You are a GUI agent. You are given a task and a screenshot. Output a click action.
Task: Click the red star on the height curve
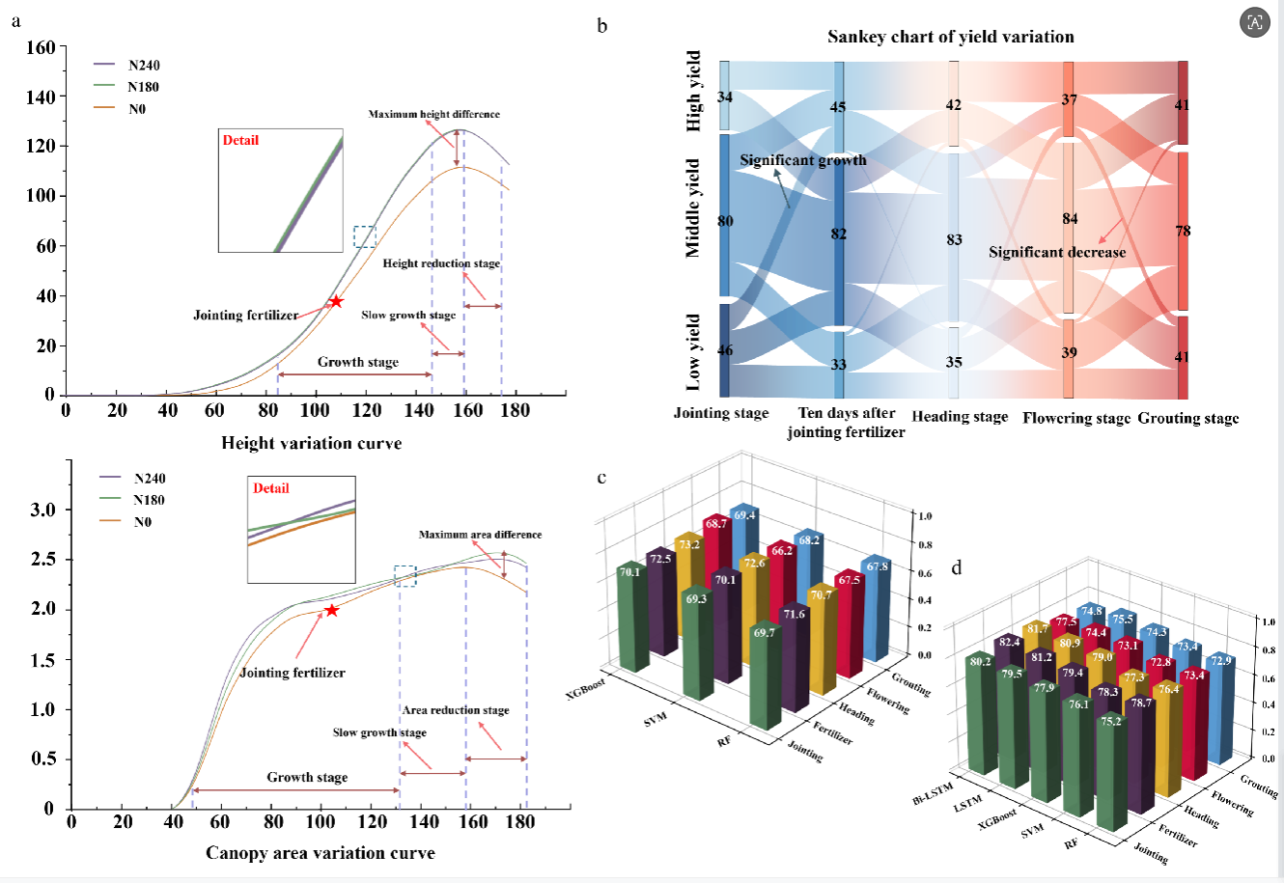pos(336,302)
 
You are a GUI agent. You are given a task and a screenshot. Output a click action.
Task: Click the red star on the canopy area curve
pos(331,610)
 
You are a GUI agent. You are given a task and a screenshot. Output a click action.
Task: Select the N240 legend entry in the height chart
pos(144,66)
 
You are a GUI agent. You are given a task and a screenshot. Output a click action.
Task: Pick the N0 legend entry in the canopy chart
pos(142,522)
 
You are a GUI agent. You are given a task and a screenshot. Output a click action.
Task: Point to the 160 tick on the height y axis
pos(41,46)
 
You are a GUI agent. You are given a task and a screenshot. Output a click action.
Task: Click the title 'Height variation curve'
pos(311,443)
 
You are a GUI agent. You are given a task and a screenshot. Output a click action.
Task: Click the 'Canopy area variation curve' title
pos(320,853)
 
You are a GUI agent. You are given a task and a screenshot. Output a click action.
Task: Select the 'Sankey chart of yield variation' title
pos(950,37)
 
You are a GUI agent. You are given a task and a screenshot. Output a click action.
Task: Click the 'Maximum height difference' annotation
pos(433,114)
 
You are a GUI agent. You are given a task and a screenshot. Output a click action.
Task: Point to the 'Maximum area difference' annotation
pos(480,535)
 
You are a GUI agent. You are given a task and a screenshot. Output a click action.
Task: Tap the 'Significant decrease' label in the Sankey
pos(1057,253)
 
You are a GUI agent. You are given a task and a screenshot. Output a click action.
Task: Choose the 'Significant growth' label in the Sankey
pos(803,160)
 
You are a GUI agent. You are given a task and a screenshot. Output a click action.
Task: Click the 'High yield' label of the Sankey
pos(693,92)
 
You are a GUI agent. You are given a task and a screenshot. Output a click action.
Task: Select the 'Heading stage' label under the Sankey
pos(960,417)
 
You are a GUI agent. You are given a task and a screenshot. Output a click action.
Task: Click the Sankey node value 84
pos(1070,219)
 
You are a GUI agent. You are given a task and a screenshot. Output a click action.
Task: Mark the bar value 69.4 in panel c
pos(744,516)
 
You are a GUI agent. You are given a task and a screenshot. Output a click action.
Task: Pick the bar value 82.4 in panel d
pos(1010,642)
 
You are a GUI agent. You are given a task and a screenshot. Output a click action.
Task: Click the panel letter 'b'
pos(602,26)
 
